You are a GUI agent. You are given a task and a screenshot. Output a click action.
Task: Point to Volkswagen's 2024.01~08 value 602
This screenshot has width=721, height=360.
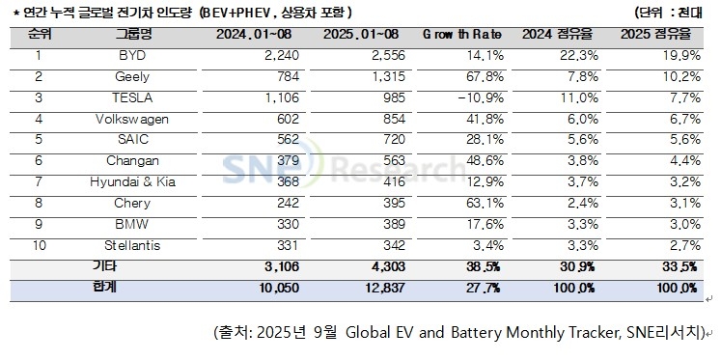pyautogui.click(x=251, y=119)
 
